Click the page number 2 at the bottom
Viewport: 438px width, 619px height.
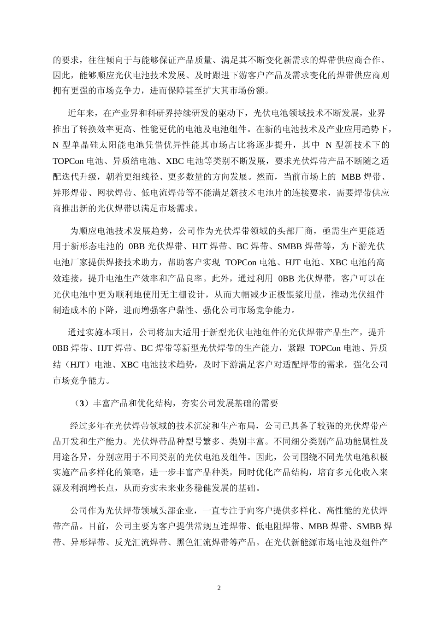219,588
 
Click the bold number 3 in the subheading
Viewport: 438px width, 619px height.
82,403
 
